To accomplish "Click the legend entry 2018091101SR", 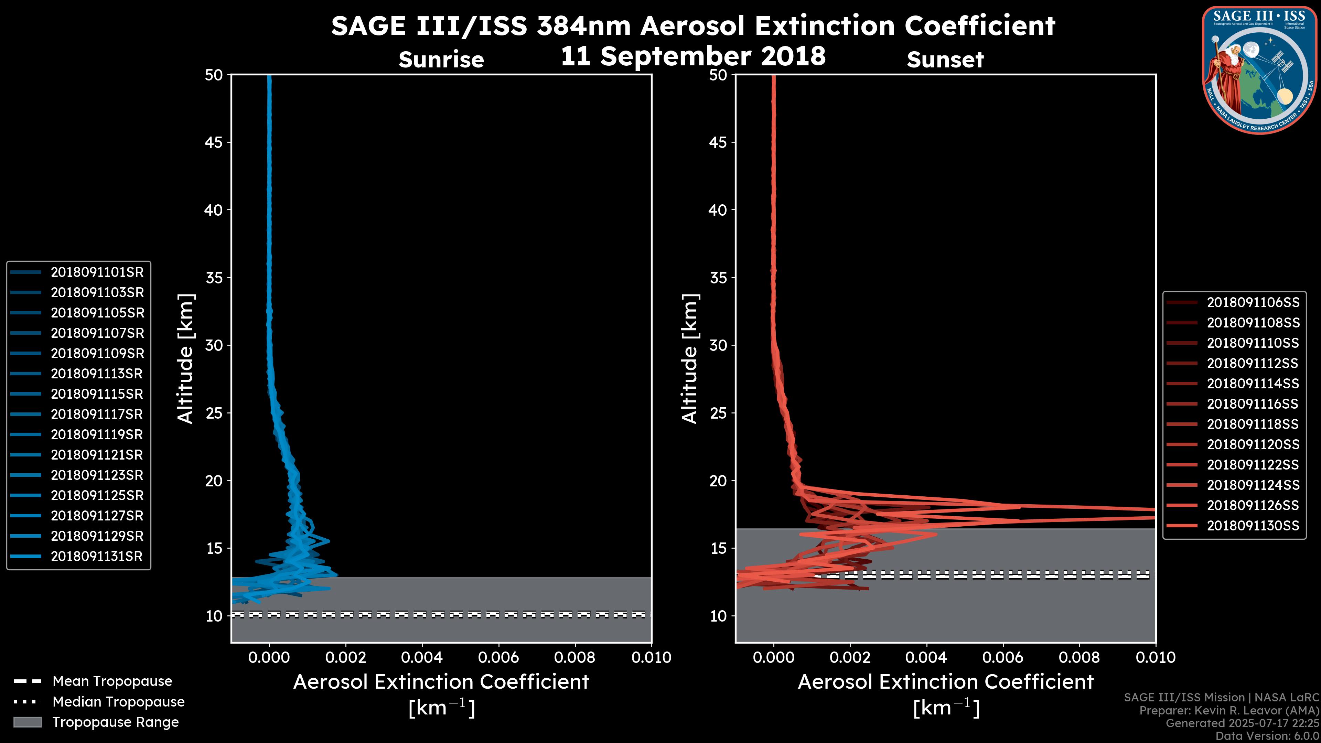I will coord(97,272).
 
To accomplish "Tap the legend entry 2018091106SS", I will coord(1253,303).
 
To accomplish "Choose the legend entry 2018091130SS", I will coord(1253,526).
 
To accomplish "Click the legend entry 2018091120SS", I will coord(1253,444).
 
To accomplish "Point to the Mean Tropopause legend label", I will coord(112,681).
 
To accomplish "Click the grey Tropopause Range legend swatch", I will coord(27,722).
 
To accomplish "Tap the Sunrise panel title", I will coord(441,60).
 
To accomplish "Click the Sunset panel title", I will coord(945,60).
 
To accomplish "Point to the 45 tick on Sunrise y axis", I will coord(214,142).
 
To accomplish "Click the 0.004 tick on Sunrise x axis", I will coord(422,657).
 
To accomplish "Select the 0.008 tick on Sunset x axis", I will coord(1080,657).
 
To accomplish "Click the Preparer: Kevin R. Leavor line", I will coord(1229,711).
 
